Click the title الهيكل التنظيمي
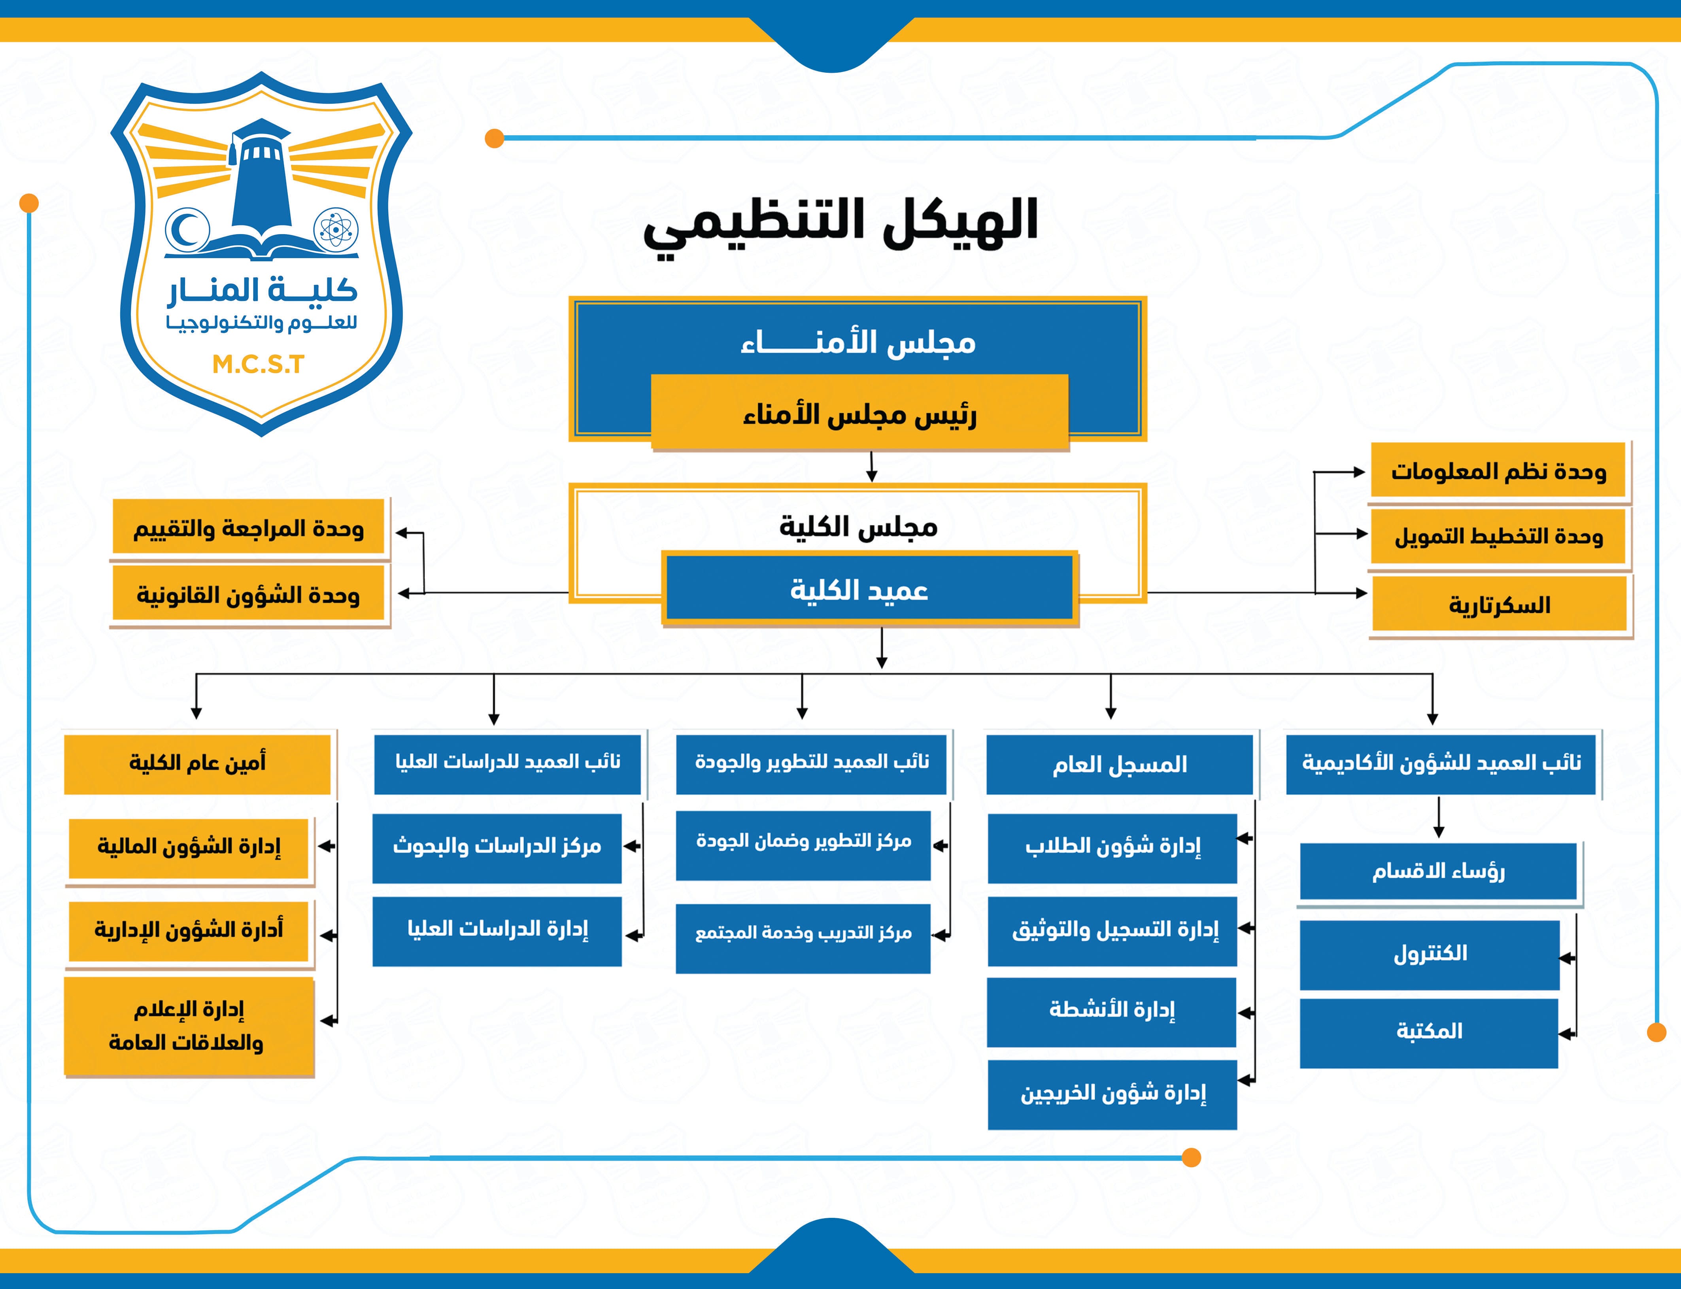point(840,223)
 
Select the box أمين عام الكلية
point(197,764)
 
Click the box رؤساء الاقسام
point(1438,871)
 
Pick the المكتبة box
point(1429,1032)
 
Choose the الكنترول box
point(1429,954)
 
